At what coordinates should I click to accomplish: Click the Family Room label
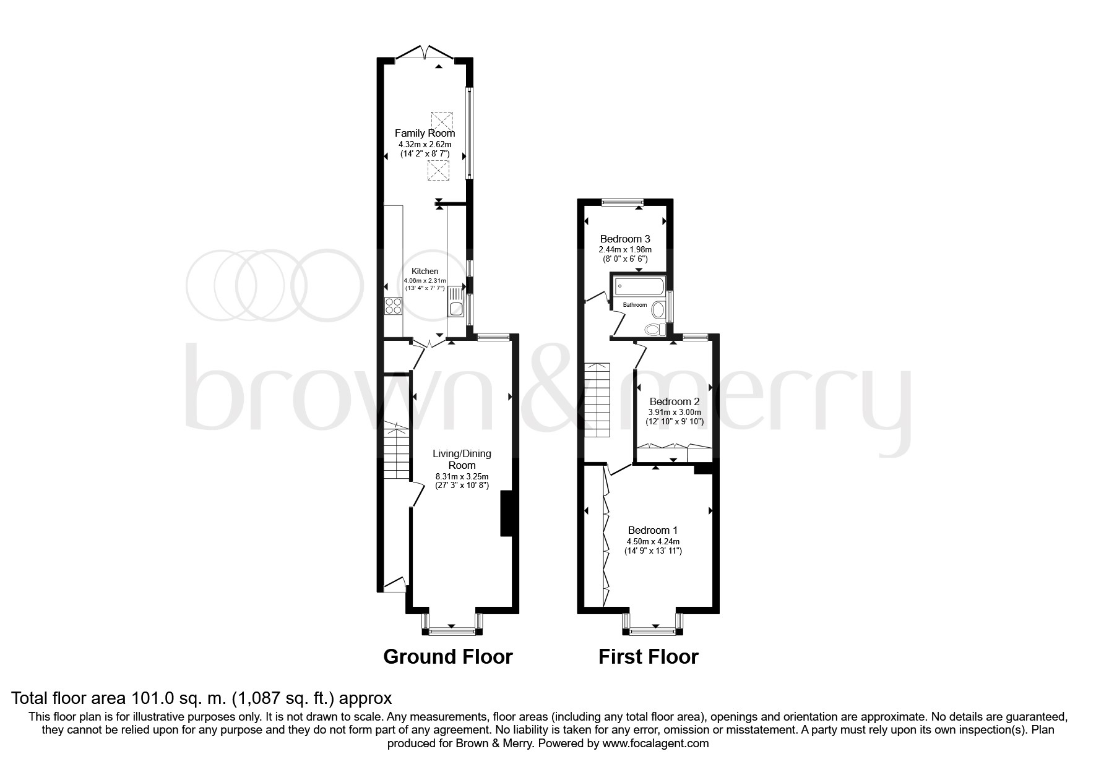[x=425, y=133]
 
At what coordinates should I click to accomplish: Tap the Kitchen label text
[x=425, y=272]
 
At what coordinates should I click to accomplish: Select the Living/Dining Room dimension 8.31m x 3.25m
[x=462, y=476]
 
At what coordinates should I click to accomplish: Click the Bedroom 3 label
[x=625, y=239]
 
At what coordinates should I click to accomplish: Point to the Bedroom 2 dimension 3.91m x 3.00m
[x=675, y=412]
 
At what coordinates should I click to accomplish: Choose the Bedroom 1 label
[x=653, y=530]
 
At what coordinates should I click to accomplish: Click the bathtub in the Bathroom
[x=640, y=286]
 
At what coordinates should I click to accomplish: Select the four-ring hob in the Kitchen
[x=393, y=306]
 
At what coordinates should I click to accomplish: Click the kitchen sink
[x=455, y=307]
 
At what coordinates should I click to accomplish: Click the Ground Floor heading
[x=448, y=656]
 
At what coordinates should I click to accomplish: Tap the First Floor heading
[x=648, y=656]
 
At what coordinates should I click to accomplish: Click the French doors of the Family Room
[x=425, y=54]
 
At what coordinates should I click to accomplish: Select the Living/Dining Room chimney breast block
[x=506, y=513]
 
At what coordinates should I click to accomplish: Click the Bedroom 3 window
[x=623, y=201]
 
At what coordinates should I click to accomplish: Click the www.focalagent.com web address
[x=655, y=743]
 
